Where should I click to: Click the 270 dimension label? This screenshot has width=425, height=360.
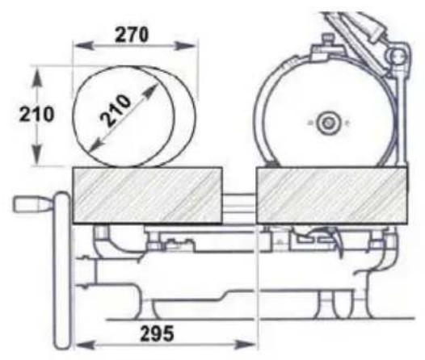132,35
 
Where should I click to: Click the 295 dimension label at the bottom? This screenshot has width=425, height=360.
157,333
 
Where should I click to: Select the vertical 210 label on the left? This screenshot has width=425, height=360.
36,115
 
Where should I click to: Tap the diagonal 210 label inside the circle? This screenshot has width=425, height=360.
116,111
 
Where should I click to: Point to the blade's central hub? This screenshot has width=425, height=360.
328,123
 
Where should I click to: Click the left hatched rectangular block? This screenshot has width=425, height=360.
148,195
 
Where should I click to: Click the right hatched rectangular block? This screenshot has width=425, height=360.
331,195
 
